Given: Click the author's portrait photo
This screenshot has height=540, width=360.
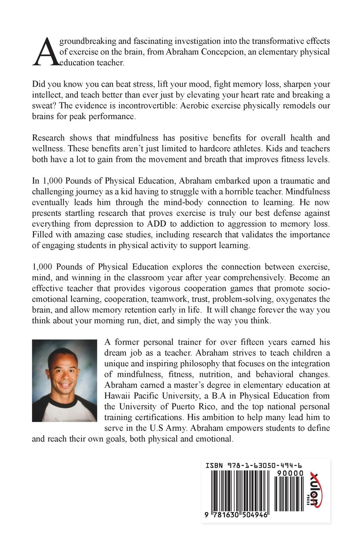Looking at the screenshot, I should coord(64,380).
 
